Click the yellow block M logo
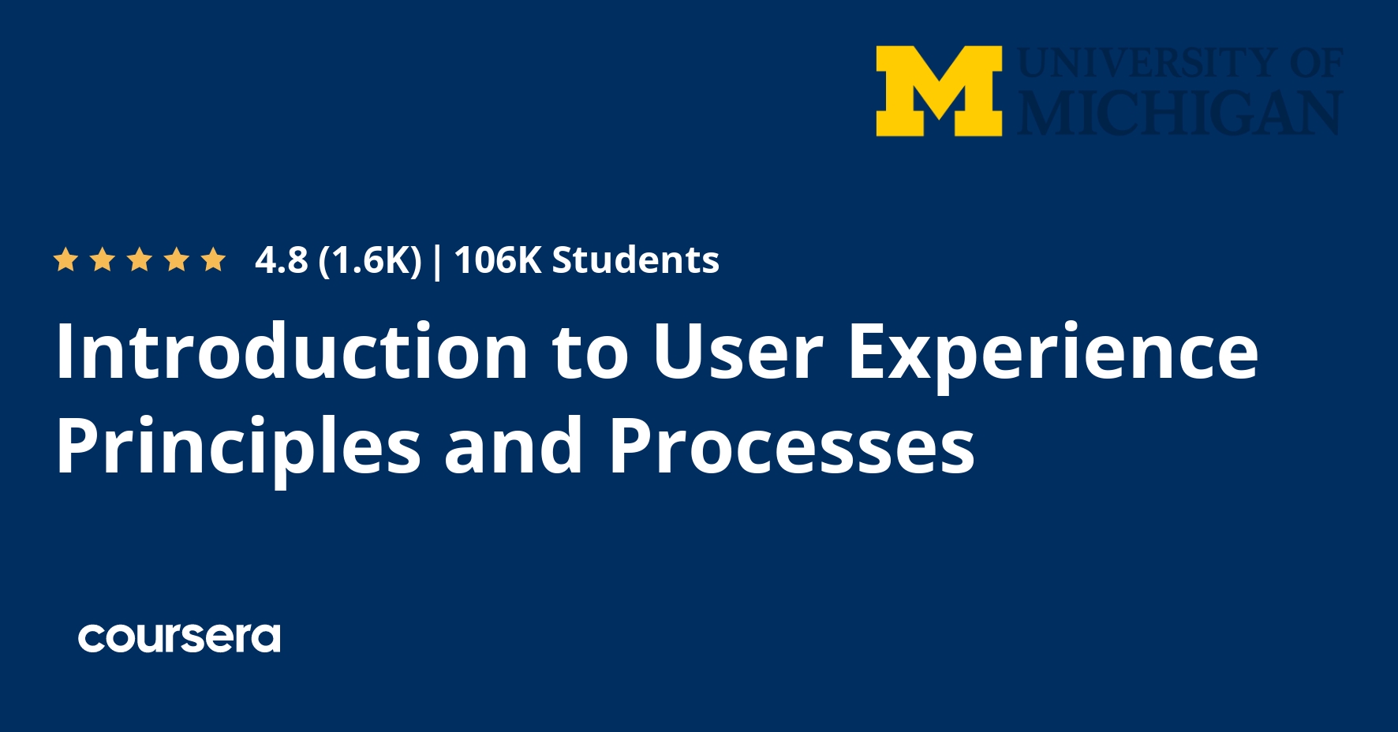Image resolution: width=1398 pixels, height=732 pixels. point(939,91)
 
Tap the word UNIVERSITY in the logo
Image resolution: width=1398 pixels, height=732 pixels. point(1148,63)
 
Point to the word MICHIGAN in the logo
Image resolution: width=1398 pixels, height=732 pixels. point(1179,113)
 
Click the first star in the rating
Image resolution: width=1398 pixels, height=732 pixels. point(65,260)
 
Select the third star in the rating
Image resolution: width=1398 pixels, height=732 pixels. point(140,260)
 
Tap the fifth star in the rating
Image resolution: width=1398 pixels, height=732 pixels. point(213,260)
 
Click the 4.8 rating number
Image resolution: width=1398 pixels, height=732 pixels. point(281,260)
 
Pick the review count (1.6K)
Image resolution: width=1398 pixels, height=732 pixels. point(370,260)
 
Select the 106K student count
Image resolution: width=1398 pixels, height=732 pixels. point(498,260)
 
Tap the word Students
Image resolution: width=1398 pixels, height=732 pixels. point(635,260)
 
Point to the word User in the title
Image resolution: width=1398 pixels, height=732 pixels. point(738,352)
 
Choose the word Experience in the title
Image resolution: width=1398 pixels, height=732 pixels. point(1052,352)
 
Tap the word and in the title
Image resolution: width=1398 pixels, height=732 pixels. point(513,447)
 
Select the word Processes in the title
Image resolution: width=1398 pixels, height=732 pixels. point(791,447)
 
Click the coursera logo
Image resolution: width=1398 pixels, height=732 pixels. point(179,637)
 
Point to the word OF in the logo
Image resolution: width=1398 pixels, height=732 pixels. point(1316,63)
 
